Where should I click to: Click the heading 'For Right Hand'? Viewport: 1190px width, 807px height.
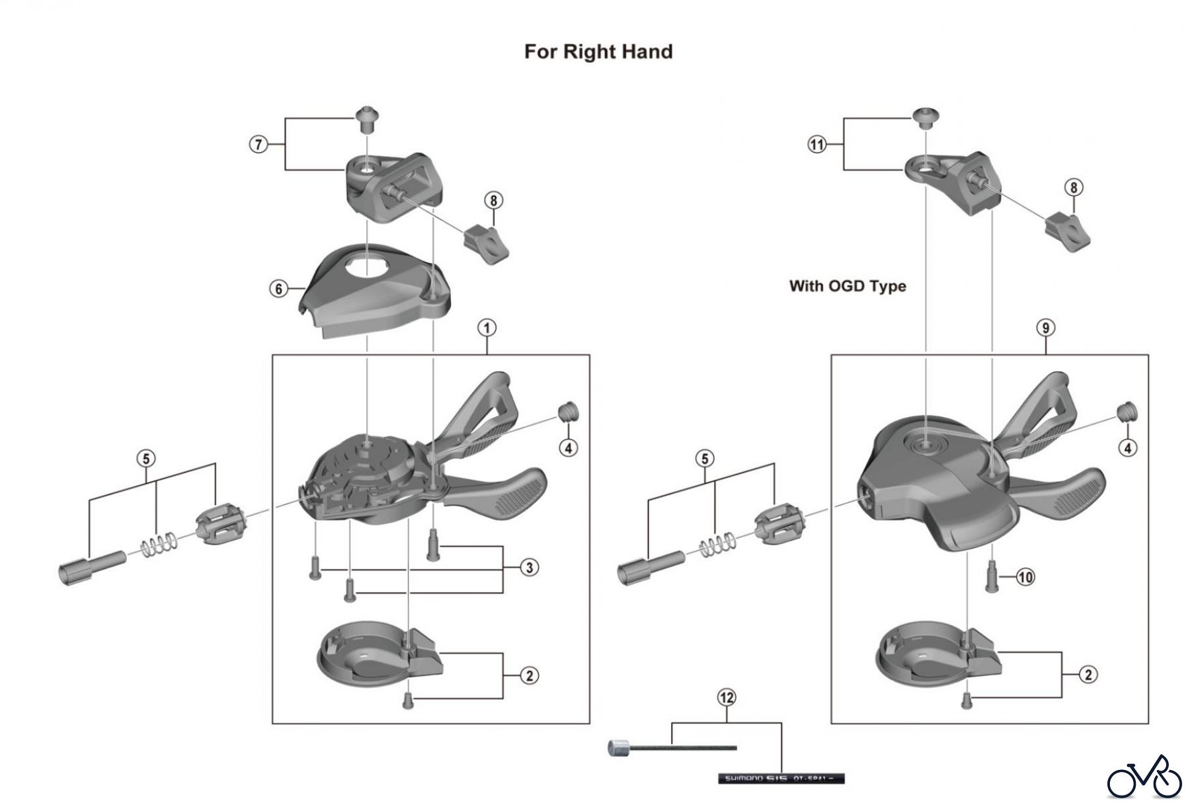point(598,52)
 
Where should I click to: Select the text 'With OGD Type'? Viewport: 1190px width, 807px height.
point(847,286)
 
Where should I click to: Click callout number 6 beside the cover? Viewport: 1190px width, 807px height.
point(279,289)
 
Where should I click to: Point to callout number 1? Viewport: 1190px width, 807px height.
point(487,328)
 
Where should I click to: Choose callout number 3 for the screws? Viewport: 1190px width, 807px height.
point(529,567)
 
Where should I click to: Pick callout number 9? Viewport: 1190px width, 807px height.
point(1045,328)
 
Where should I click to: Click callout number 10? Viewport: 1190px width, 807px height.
point(1025,577)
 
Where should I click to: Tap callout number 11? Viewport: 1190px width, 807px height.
point(818,144)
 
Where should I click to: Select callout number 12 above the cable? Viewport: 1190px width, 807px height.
point(727,697)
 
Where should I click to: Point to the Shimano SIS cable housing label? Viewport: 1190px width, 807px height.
point(781,778)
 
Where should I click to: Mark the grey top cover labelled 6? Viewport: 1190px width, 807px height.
point(370,291)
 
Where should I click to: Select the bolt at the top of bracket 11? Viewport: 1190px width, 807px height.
point(924,117)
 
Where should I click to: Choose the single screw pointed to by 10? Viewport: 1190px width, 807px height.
point(991,576)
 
